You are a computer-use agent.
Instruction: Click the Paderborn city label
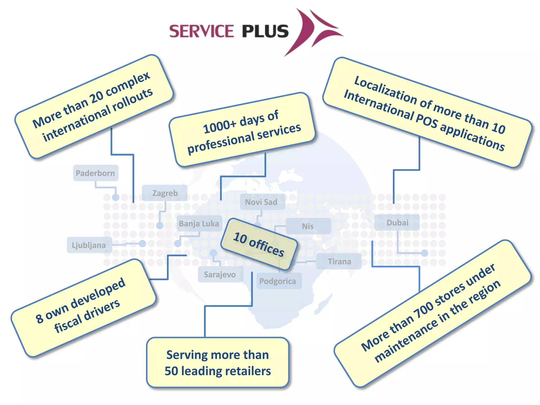click(x=95, y=173)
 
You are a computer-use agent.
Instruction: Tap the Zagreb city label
click(x=165, y=193)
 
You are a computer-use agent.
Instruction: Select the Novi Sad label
click(x=261, y=202)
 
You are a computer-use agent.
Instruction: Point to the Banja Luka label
click(x=199, y=224)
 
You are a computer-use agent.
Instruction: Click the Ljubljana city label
click(x=89, y=245)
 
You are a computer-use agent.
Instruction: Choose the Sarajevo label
click(x=220, y=274)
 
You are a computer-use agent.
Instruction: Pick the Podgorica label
click(x=278, y=281)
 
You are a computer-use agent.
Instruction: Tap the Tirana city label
click(x=339, y=262)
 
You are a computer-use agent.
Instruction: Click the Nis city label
click(x=308, y=226)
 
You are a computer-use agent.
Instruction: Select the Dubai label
click(x=397, y=223)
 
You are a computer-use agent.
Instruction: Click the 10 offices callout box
click(x=259, y=244)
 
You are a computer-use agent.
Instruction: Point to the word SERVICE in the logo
click(x=201, y=31)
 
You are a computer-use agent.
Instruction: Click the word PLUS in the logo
click(x=265, y=31)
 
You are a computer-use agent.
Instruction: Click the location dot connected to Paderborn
click(x=116, y=197)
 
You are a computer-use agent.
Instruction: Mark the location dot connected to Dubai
click(x=425, y=253)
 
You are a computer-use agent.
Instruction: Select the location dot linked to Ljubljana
click(x=142, y=244)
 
